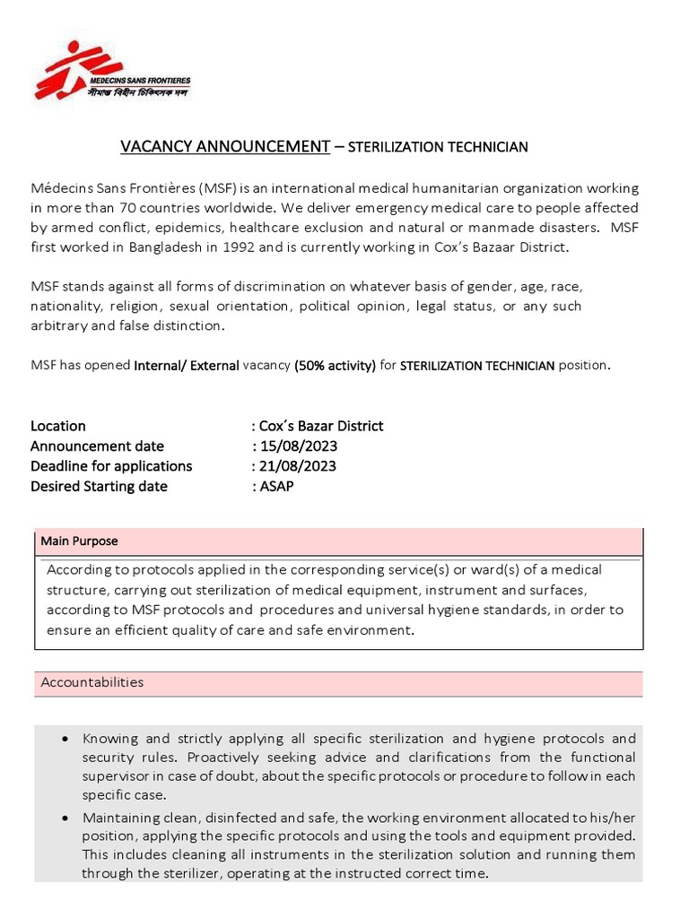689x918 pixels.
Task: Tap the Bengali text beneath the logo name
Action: click(143, 92)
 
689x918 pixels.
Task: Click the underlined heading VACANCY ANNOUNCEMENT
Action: click(225, 146)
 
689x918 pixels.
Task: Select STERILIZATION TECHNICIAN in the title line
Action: click(438, 147)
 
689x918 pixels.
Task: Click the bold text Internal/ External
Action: click(187, 366)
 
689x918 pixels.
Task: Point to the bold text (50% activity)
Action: click(335, 366)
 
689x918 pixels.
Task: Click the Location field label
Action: click(58, 426)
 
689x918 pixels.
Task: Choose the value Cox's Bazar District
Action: click(321, 426)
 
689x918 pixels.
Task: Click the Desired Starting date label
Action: click(99, 486)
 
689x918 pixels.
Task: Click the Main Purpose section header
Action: click(79, 541)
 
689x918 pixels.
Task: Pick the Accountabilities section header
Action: click(92, 682)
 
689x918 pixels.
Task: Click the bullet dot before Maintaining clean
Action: click(67, 818)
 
